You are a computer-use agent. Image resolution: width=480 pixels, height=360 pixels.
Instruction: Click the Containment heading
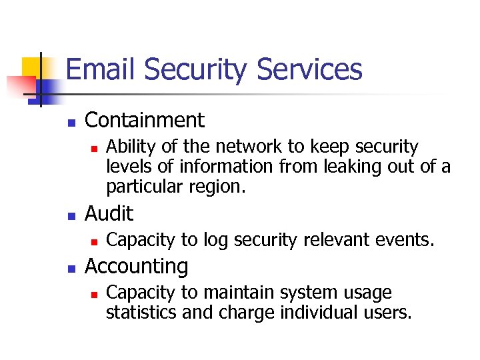coord(145,121)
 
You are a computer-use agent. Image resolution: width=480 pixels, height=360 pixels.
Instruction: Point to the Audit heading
coord(109,214)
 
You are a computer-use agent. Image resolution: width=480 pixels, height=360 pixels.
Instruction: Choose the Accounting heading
coord(137,267)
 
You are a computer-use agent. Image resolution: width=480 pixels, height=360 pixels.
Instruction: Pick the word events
coord(406,239)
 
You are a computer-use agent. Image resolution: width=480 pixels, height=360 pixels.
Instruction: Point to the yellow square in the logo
coord(33,67)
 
